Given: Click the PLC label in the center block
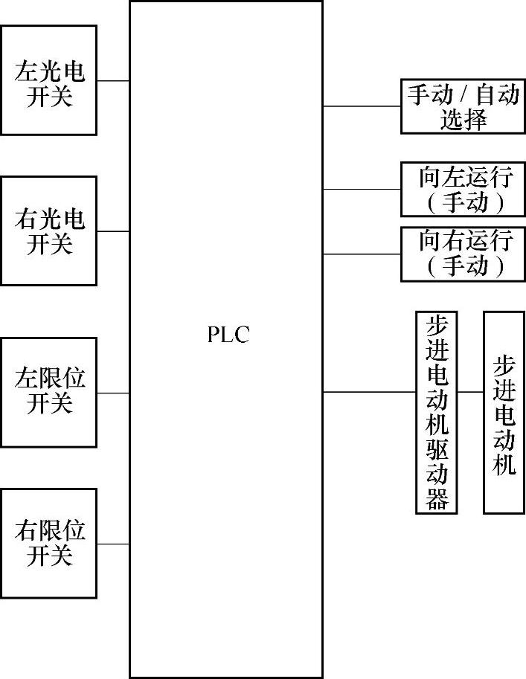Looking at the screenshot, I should point(228,335).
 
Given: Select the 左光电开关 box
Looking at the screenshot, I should point(49,80).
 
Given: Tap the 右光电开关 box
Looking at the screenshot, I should point(49,231).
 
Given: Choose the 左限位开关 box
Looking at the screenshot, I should point(49,392).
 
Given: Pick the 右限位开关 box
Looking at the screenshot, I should point(49,543).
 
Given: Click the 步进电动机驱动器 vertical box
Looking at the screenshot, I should point(437,412).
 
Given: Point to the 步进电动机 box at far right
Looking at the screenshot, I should point(504,412).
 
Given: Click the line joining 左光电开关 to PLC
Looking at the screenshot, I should point(113,80).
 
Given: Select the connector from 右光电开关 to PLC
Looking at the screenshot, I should point(113,231).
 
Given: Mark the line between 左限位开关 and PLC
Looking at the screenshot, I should point(113,392).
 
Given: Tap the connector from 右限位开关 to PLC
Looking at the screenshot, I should point(113,544).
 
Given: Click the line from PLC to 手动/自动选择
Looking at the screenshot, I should point(362,106).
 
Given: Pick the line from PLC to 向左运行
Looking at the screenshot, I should point(362,189).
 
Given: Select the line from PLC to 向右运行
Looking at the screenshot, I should point(362,254).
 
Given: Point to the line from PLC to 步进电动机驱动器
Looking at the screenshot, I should point(369,391).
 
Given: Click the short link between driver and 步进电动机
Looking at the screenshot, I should point(471,391).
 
